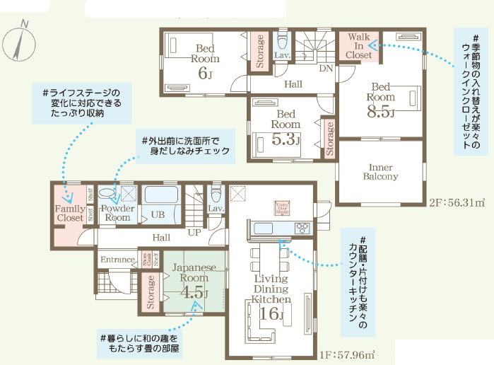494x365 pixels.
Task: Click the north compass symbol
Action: point(17,42)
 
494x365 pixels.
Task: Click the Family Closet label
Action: point(71,214)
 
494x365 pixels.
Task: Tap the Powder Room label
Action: point(117,213)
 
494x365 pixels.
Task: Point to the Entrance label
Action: point(117,260)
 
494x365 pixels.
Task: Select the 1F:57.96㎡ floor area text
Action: point(346,353)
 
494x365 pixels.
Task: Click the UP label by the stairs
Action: point(193,232)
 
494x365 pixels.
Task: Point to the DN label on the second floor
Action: point(326,69)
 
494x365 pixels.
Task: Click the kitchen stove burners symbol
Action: point(302,227)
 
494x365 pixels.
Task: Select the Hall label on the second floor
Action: point(293,84)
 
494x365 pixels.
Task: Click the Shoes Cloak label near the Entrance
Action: point(146,260)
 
